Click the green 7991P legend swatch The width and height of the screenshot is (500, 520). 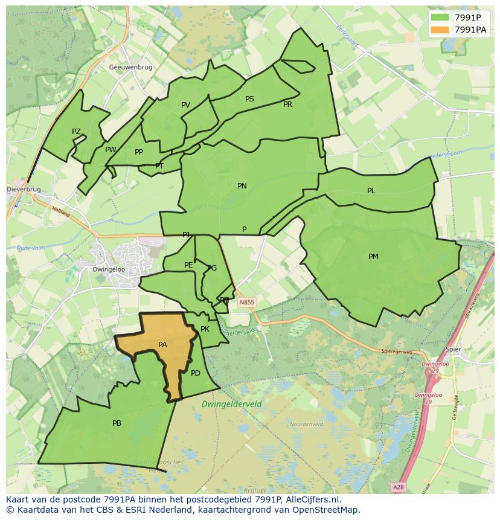click(440, 18)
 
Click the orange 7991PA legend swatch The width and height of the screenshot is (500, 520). click(440, 30)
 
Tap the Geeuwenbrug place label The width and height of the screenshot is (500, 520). click(130, 68)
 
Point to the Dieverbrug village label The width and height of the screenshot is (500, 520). click(24, 189)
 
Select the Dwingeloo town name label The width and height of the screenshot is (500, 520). click(109, 270)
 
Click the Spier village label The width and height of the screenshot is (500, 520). click(453, 349)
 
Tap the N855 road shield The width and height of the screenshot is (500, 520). click(246, 302)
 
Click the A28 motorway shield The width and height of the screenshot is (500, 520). click(397, 486)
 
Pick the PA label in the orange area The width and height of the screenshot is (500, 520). click(162, 345)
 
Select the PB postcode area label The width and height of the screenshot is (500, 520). click(117, 423)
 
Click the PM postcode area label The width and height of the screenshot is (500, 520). click(373, 257)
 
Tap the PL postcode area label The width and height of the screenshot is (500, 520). click(371, 191)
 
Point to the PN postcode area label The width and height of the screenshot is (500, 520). click(242, 186)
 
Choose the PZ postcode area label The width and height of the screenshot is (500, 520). click(76, 132)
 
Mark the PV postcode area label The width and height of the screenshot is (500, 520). click(185, 105)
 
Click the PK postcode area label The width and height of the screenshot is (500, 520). click(205, 329)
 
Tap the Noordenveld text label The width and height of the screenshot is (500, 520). click(306, 425)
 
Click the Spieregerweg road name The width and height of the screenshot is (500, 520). click(396, 351)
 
